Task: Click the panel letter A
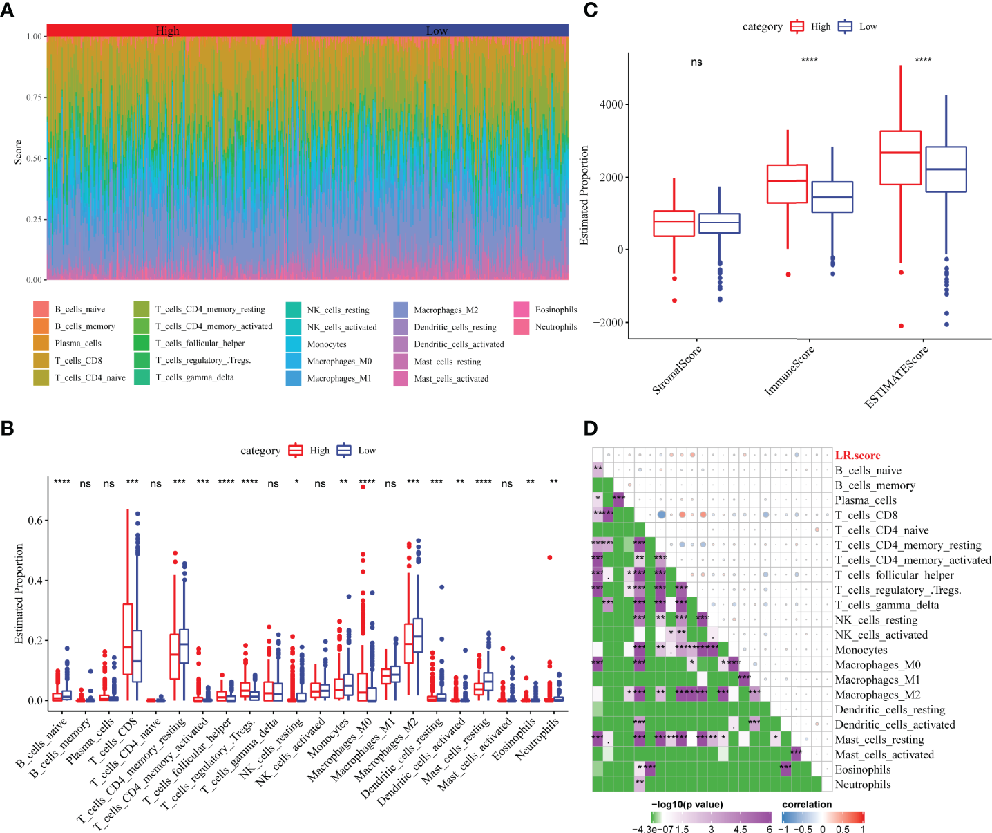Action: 7,11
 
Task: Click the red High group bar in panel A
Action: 169,30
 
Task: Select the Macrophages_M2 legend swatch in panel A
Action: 401,310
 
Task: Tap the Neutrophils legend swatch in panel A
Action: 522,326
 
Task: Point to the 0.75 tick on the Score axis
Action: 34,97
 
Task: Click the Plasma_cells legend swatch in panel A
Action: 41,343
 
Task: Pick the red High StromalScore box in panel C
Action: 674,223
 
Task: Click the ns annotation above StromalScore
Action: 696,62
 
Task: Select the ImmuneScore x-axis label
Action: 790,371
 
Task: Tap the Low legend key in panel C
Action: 845,26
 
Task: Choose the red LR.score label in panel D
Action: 857,455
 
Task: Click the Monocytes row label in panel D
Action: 861,650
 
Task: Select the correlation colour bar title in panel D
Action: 806,804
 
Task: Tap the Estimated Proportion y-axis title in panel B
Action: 19,593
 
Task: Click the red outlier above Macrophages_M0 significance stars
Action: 363,487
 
